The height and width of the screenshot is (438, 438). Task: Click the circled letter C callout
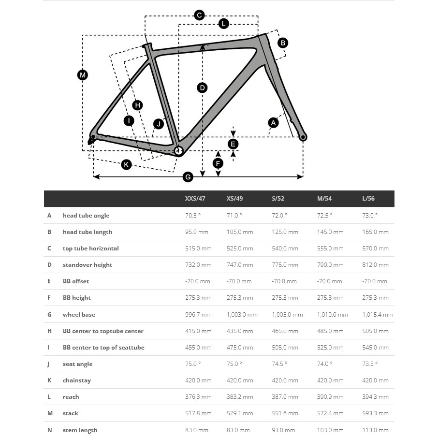tap(199, 15)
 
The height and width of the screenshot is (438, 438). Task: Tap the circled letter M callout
tap(83, 75)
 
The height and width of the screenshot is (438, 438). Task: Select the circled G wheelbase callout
tap(188, 177)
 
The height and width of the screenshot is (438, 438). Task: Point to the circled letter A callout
tap(273, 123)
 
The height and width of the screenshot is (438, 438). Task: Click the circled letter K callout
tap(126, 165)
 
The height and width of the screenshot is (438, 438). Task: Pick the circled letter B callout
tap(283, 43)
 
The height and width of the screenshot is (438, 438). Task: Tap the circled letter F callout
tap(218, 163)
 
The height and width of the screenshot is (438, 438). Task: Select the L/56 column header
tap(368, 199)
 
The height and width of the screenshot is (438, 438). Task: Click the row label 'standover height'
tap(87, 265)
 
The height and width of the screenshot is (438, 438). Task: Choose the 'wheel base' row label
tap(79, 315)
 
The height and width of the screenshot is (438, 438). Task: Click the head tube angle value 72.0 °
tap(279, 216)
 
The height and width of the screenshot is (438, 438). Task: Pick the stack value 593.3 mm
tap(375, 413)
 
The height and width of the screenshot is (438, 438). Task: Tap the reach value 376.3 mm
tap(198, 397)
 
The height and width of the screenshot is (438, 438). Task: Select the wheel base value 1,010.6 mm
tap(332, 315)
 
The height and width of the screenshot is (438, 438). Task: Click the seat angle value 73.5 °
tap(370, 364)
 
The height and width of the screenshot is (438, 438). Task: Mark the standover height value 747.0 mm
tap(240, 265)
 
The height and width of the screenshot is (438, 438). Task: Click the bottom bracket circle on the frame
tap(178, 151)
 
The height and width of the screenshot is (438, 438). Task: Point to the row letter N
tap(49, 430)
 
